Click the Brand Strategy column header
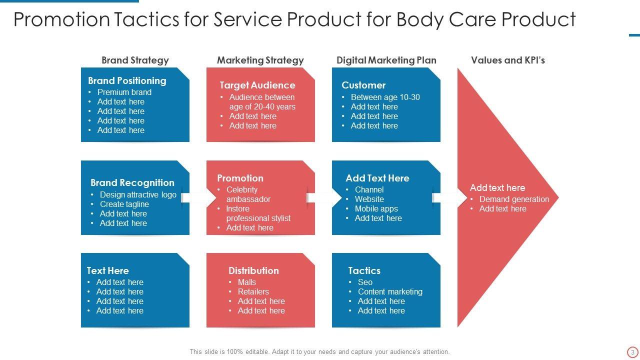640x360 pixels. click(135, 60)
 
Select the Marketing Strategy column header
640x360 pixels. click(260, 60)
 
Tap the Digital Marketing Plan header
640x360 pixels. click(386, 60)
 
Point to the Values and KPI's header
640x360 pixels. click(507, 60)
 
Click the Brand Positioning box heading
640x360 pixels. click(127, 80)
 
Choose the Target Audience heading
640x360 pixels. click(257, 85)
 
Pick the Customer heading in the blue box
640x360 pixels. click(363, 85)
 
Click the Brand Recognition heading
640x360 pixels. click(132, 182)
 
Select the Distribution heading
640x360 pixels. click(253, 270)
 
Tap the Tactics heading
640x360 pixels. click(364, 270)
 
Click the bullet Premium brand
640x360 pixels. click(124, 92)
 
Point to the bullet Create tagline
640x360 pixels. click(124, 204)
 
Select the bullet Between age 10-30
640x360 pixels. click(385, 97)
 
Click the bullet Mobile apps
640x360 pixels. click(376, 208)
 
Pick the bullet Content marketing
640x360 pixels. click(390, 291)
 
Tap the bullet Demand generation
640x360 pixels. click(514, 199)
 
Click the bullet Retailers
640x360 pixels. click(253, 291)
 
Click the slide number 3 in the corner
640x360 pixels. click(632, 352)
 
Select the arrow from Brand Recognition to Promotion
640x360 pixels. click(198, 198)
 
